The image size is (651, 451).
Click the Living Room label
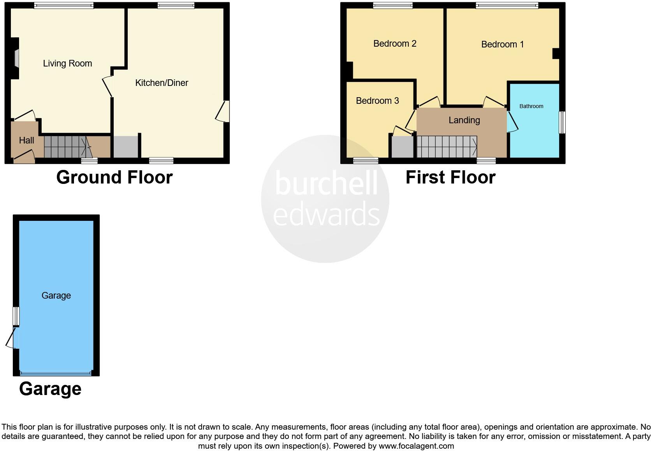click(67, 63)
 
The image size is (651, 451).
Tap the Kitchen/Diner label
click(162, 83)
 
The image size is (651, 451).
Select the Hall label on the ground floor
click(26, 140)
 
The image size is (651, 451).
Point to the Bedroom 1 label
click(502, 44)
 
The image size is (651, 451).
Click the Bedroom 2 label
click(395, 44)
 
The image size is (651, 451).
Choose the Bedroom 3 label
click(377, 101)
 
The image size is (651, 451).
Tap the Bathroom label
click(531, 106)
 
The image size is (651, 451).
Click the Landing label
click(464, 120)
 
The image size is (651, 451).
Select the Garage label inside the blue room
click(56, 295)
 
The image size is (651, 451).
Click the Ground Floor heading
click(114, 177)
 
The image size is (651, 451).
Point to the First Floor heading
click(450, 177)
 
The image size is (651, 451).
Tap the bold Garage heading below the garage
click(50, 389)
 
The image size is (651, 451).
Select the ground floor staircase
click(66, 147)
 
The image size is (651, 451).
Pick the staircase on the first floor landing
click(447, 147)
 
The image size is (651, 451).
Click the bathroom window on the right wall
click(562, 122)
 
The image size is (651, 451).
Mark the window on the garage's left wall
click(16, 316)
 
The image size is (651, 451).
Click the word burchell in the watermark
click(326, 183)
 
